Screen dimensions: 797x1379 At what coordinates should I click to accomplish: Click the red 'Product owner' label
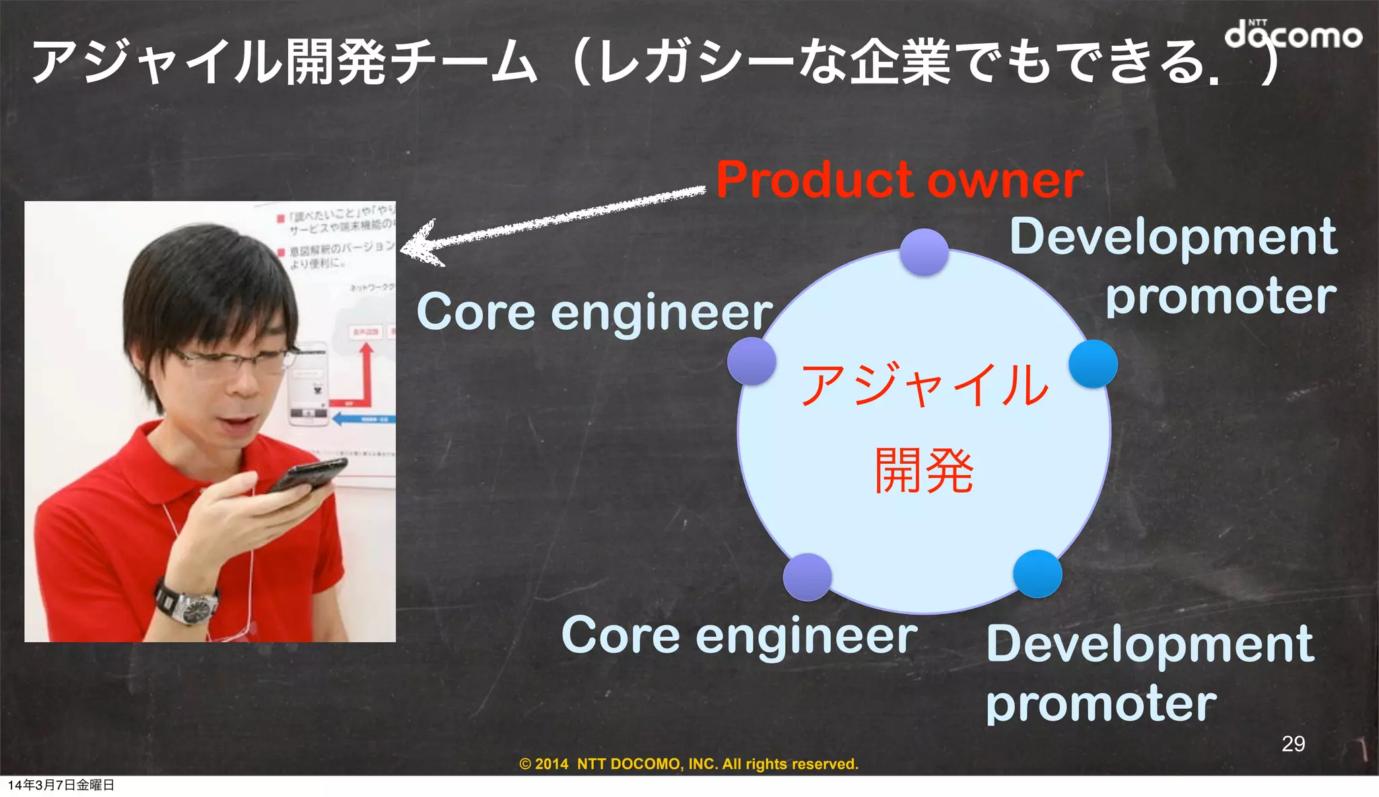tap(899, 180)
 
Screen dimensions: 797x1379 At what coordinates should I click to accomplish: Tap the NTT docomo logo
tap(1292, 34)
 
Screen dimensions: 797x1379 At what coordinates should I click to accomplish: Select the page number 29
tap(1293, 743)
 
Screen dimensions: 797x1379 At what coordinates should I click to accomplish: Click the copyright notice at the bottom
tap(689, 764)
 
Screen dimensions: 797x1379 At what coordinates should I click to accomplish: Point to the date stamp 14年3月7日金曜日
tap(61, 785)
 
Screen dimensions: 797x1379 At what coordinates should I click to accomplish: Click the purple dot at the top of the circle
tap(924, 252)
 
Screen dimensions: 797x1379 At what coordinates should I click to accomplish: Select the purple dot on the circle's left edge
tap(751, 361)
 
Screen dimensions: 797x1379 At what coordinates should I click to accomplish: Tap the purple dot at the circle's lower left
tap(807, 577)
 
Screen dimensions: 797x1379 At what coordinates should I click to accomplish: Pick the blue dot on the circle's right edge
tap(1093, 363)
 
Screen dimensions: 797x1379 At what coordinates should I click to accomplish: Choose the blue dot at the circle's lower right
tap(1037, 574)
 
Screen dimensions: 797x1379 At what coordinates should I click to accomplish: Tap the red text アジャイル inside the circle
tap(924, 385)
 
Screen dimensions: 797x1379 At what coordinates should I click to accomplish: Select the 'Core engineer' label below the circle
tap(739, 636)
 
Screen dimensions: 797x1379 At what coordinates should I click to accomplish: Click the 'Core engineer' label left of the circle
tap(594, 313)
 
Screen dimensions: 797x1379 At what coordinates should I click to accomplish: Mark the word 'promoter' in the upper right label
tap(1220, 296)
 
